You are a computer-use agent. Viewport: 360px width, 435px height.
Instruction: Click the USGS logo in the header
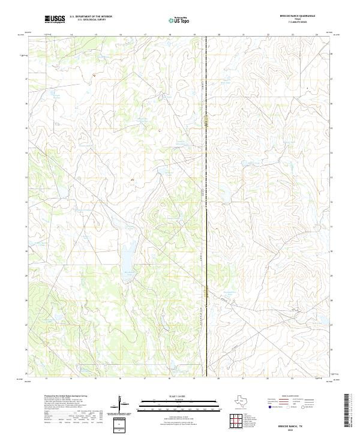click(x=55, y=19)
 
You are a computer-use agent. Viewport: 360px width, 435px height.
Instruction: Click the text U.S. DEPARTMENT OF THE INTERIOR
click(x=91, y=17)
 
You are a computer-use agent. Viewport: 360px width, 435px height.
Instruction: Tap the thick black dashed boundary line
click(x=206, y=210)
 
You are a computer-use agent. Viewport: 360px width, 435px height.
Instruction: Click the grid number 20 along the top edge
click(x=218, y=35)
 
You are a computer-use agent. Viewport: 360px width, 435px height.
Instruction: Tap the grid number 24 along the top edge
click(x=317, y=35)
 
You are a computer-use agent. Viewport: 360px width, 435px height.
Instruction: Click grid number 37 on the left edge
click(x=26, y=79)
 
